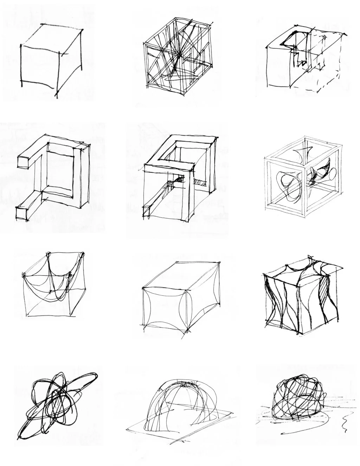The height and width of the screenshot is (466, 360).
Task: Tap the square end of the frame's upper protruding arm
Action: click(x=23, y=160)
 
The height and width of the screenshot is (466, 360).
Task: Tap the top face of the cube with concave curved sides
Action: click(x=183, y=276)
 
